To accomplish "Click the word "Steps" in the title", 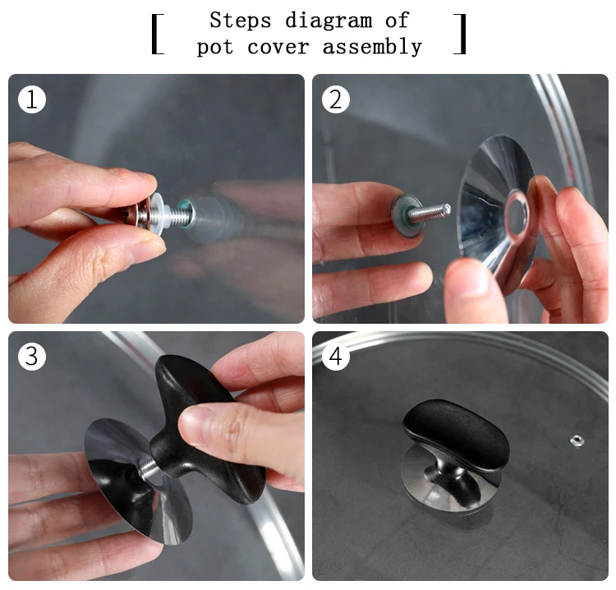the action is click(241, 21).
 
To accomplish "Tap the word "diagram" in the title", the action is click(329, 21).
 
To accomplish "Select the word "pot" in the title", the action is click(215, 48).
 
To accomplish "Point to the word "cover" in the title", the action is click(278, 48).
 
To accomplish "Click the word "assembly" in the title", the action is click(372, 47).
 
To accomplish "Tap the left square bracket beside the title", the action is click(158, 34).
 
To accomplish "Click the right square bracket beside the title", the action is click(460, 34).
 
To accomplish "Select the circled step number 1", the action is click(32, 99).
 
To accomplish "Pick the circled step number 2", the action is click(336, 99).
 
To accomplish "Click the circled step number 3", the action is click(32, 356).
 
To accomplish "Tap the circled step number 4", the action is click(336, 356).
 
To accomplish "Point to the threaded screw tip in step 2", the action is click(445, 209).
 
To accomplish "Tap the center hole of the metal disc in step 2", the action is click(516, 215).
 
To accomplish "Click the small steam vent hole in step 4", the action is click(577, 440).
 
